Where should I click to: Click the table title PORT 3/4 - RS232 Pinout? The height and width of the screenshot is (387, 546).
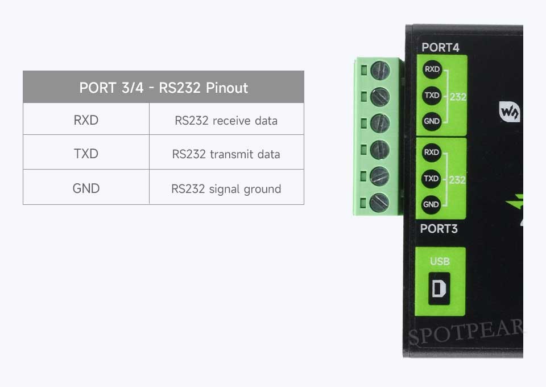(x=163, y=88)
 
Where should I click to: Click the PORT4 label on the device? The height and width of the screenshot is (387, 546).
(x=440, y=47)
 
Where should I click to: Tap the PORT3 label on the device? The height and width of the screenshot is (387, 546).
(x=439, y=229)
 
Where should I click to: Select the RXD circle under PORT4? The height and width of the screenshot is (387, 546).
(x=432, y=69)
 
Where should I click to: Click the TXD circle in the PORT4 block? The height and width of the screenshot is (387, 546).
(x=432, y=95)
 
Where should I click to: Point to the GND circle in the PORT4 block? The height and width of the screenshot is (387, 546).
(x=432, y=121)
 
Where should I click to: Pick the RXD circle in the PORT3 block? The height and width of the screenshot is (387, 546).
(x=432, y=152)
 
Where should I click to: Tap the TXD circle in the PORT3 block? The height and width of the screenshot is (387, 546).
(x=431, y=178)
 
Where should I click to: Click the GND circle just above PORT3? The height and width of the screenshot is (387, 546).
(x=431, y=204)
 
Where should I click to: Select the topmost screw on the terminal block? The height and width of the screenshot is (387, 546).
(x=380, y=71)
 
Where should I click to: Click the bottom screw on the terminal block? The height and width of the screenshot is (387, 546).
(x=379, y=203)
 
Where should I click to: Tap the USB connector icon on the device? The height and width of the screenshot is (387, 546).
(x=439, y=289)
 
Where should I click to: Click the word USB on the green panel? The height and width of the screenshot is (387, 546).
(x=440, y=261)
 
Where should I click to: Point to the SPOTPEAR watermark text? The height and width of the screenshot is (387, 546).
(x=466, y=332)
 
